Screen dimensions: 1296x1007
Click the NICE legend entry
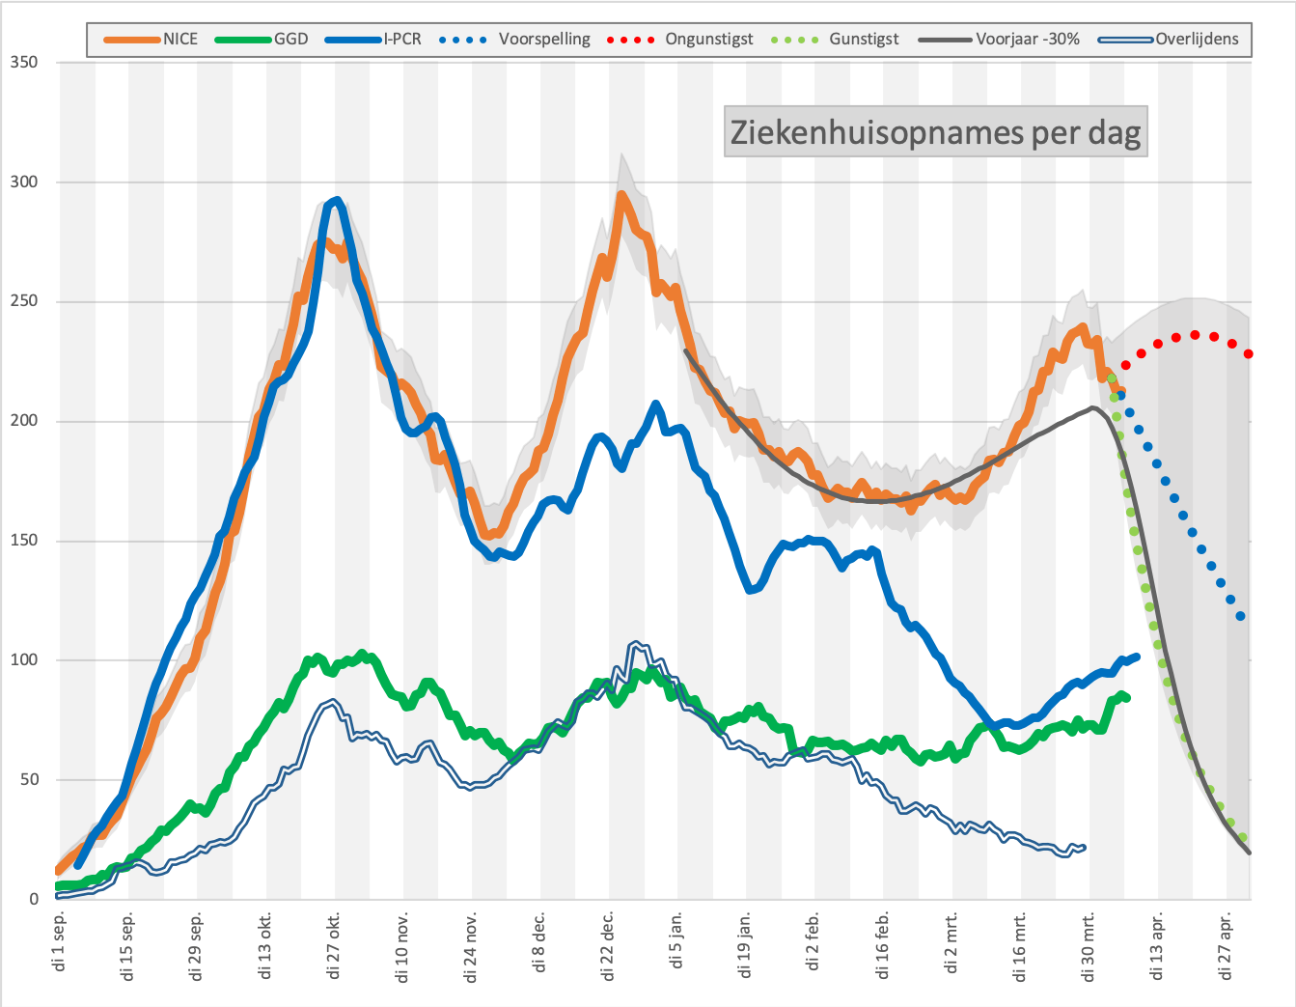151,40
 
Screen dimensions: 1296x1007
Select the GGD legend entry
262,40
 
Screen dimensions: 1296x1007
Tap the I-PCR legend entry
372,40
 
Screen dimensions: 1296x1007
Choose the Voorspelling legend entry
514,40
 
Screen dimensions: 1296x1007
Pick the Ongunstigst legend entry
679,40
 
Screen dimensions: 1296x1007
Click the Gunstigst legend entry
835,40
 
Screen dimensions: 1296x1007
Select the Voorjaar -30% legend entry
999,40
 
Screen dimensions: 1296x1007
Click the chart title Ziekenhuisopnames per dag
936,132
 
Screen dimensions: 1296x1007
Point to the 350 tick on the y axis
24,62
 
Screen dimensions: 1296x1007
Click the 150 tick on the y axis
24,541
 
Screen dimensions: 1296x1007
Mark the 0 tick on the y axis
34,900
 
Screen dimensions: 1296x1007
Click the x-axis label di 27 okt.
333,946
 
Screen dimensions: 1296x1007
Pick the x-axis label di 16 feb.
882,946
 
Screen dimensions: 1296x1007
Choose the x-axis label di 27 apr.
1226,946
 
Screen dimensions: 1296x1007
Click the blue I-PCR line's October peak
337,201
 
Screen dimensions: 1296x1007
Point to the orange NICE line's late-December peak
620,194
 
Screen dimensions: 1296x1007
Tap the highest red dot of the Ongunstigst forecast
1195,335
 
